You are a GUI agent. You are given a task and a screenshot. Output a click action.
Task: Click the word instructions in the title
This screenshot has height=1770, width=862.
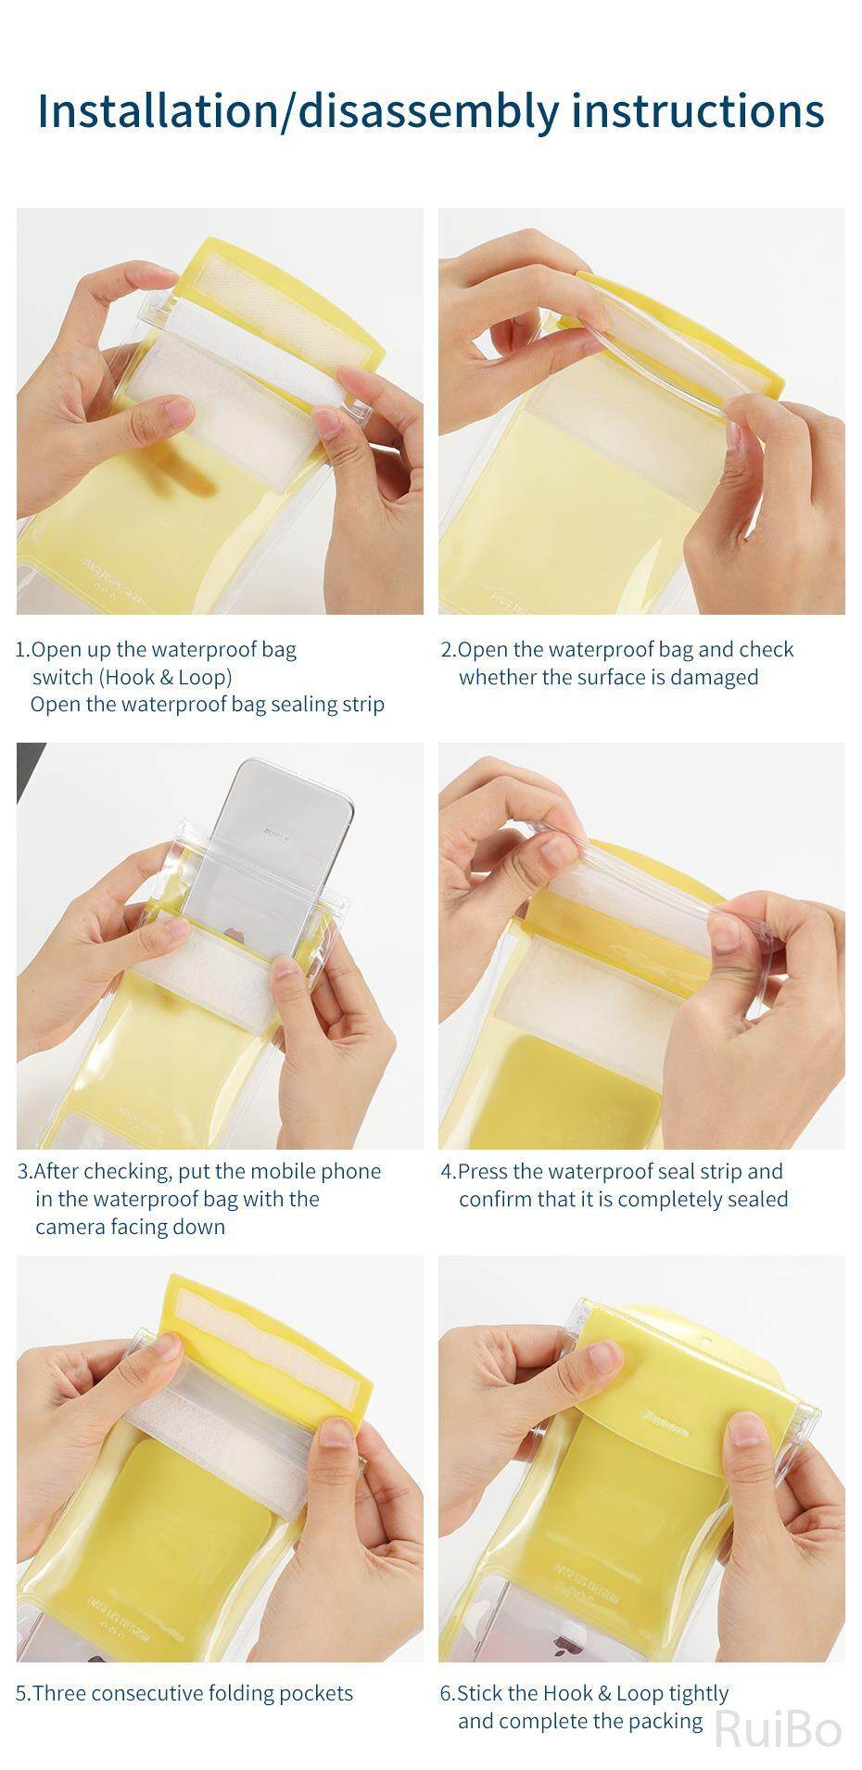tap(698, 110)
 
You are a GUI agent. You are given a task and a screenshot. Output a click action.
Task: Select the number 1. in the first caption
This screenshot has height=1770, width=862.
tap(23, 649)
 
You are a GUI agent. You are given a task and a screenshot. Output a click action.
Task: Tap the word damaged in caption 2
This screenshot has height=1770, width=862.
tap(714, 678)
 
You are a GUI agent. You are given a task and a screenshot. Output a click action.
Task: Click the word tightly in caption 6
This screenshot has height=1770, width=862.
tap(698, 1694)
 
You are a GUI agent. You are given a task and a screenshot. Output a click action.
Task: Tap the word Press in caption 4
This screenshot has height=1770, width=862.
tap(483, 1171)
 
